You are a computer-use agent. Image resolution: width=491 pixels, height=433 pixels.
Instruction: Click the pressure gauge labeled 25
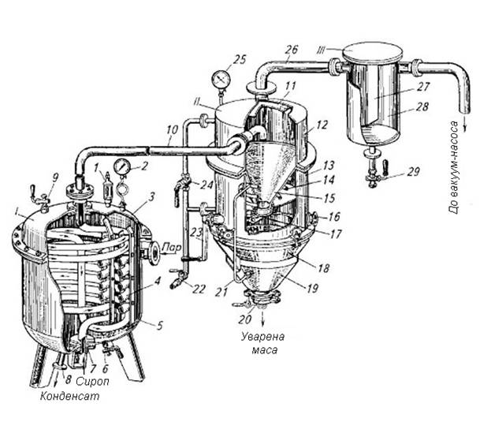click(x=221, y=79)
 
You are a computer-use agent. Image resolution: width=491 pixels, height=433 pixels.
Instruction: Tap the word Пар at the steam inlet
click(x=172, y=248)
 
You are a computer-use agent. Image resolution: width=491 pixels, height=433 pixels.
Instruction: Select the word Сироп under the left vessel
click(x=93, y=381)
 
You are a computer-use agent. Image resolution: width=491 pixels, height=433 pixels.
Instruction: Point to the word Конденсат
click(x=70, y=396)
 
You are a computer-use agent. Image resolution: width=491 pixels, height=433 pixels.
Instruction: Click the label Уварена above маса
click(x=263, y=337)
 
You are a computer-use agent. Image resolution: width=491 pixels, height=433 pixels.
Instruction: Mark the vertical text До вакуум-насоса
click(x=455, y=168)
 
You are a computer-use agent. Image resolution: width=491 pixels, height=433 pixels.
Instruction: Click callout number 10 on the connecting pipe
click(x=172, y=130)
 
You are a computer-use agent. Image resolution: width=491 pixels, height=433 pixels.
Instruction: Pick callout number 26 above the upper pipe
click(x=292, y=50)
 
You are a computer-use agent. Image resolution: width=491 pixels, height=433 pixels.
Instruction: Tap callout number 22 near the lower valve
click(x=199, y=289)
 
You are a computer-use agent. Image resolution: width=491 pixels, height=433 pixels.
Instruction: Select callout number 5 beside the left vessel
click(x=160, y=326)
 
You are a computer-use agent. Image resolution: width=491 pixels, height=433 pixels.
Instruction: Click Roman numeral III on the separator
click(x=322, y=50)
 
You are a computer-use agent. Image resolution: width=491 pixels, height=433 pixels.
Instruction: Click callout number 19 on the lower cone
click(x=312, y=288)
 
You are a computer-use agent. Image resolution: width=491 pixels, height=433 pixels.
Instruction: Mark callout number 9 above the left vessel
click(x=55, y=178)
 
